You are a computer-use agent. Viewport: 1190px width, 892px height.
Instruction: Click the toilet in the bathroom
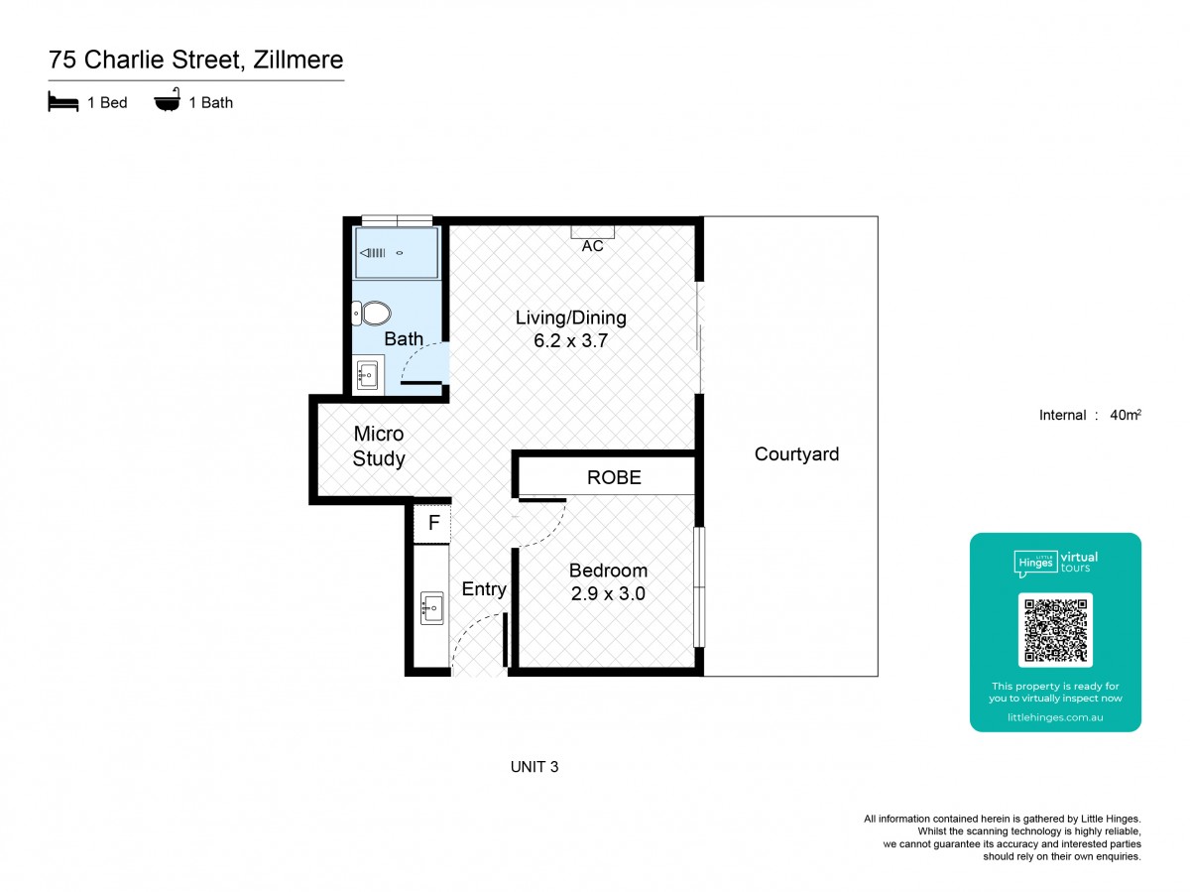(371, 313)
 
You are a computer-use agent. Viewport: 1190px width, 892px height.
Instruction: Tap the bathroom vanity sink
(367, 375)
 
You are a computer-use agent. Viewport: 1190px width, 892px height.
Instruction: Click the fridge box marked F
(432, 523)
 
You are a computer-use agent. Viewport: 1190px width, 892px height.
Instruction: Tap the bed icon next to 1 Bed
(62, 101)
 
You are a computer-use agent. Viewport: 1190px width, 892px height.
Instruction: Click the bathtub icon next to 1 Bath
(167, 100)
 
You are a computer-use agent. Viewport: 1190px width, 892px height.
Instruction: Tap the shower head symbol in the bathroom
(373, 253)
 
